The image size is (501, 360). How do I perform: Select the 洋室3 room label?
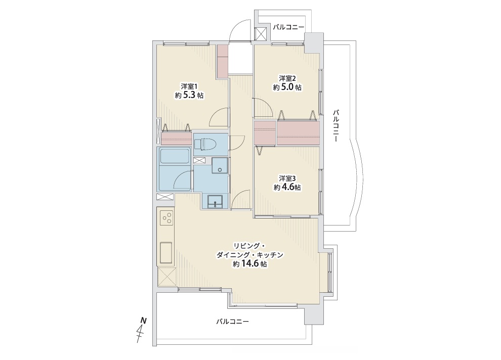(x=287, y=178)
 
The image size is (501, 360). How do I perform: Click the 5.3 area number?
(x=189, y=95)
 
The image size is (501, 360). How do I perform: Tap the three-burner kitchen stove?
(x=166, y=219)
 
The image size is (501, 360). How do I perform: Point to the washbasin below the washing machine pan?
(x=215, y=202)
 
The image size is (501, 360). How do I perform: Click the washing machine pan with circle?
(x=220, y=166)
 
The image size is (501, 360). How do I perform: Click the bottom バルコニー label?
(x=232, y=322)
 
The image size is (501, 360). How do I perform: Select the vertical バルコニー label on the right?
(x=336, y=125)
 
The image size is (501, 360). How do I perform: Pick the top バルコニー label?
(x=288, y=27)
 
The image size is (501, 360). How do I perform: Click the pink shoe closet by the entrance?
(x=223, y=61)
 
